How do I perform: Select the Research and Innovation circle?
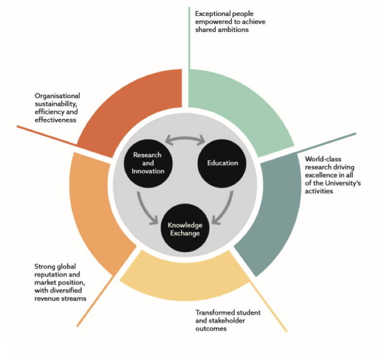148,163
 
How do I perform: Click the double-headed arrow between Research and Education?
185,140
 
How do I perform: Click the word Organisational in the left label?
57,96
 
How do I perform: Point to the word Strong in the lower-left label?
44,266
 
